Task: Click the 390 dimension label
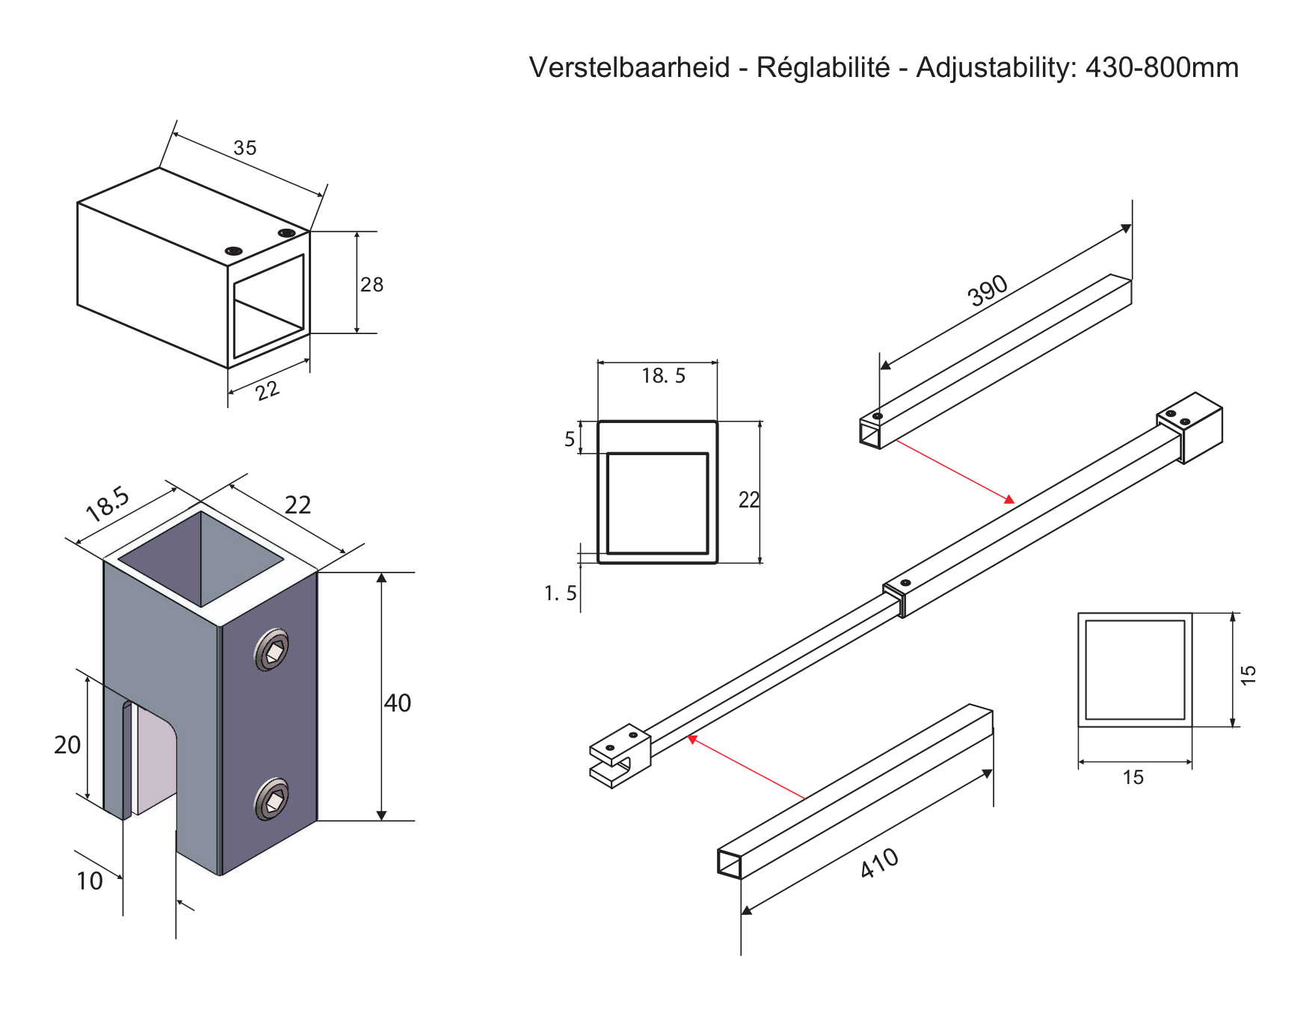pos(988,291)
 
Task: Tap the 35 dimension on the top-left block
pos(244,148)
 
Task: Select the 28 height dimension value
pos(372,285)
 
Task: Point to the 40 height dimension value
pos(397,703)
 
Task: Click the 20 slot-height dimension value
pos(67,744)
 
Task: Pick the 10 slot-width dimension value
pos(90,881)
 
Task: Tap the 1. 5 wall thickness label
pos(560,593)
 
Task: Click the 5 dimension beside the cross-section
pos(570,439)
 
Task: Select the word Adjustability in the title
pos(996,68)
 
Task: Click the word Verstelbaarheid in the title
pos(629,67)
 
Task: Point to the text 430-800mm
pos(1162,67)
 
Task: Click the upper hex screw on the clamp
pos(271,650)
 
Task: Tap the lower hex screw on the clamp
pos(271,799)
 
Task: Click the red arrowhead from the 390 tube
pos(1009,499)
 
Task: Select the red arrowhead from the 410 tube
pos(692,739)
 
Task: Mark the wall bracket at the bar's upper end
pos(1190,428)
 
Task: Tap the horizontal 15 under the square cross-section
pos(1133,778)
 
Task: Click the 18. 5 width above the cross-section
pos(663,376)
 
